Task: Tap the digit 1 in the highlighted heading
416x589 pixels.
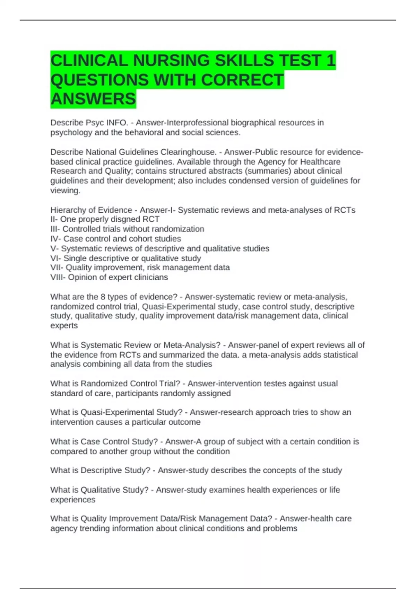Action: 331,61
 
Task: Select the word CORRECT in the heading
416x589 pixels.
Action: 242,80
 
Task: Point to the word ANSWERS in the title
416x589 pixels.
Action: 93,99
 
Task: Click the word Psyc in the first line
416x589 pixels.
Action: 95,123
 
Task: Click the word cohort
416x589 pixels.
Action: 144,239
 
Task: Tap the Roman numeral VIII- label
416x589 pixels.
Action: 58,277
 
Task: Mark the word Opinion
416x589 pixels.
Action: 81,277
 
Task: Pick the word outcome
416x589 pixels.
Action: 186,422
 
